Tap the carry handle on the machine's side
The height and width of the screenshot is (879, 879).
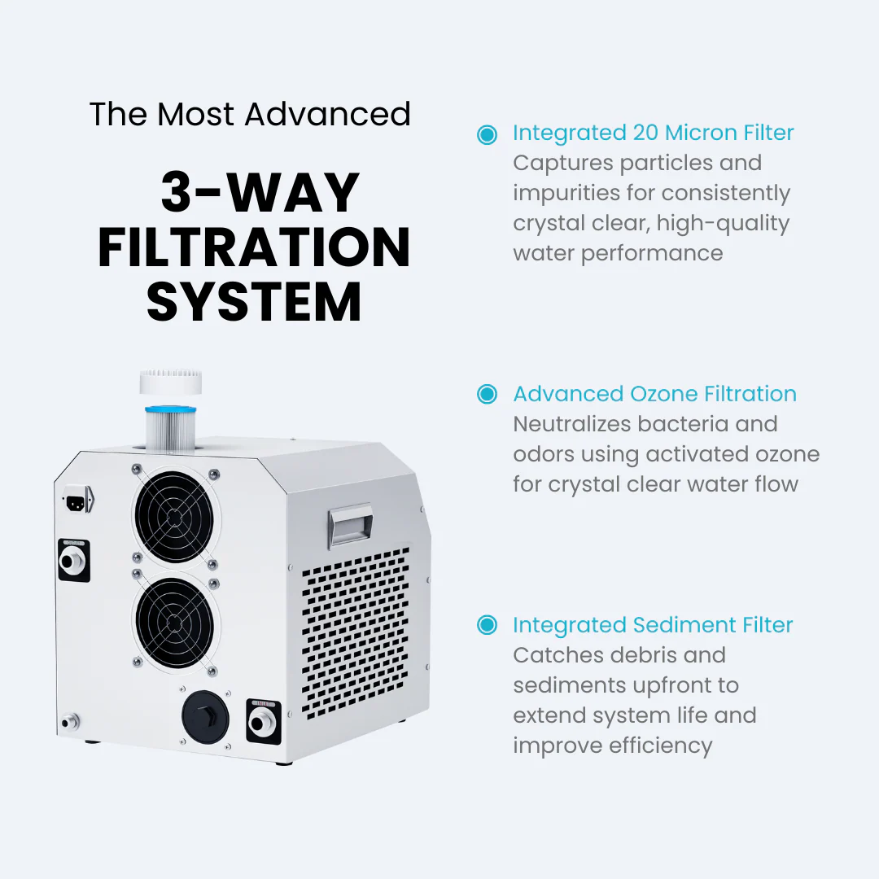pyautogui.click(x=350, y=525)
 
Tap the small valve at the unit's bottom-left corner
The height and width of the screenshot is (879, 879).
pyautogui.click(x=68, y=720)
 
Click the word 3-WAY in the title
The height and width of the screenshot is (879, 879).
pyautogui.click(x=260, y=193)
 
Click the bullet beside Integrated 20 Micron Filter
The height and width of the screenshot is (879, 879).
pyautogui.click(x=487, y=134)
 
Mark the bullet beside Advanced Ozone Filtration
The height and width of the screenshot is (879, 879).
pyautogui.click(x=487, y=395)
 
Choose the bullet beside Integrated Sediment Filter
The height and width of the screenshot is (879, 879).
pyautogui.click(x=487, y=625)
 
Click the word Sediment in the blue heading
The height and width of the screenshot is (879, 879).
pyautogui.click(x=684, y=625)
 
